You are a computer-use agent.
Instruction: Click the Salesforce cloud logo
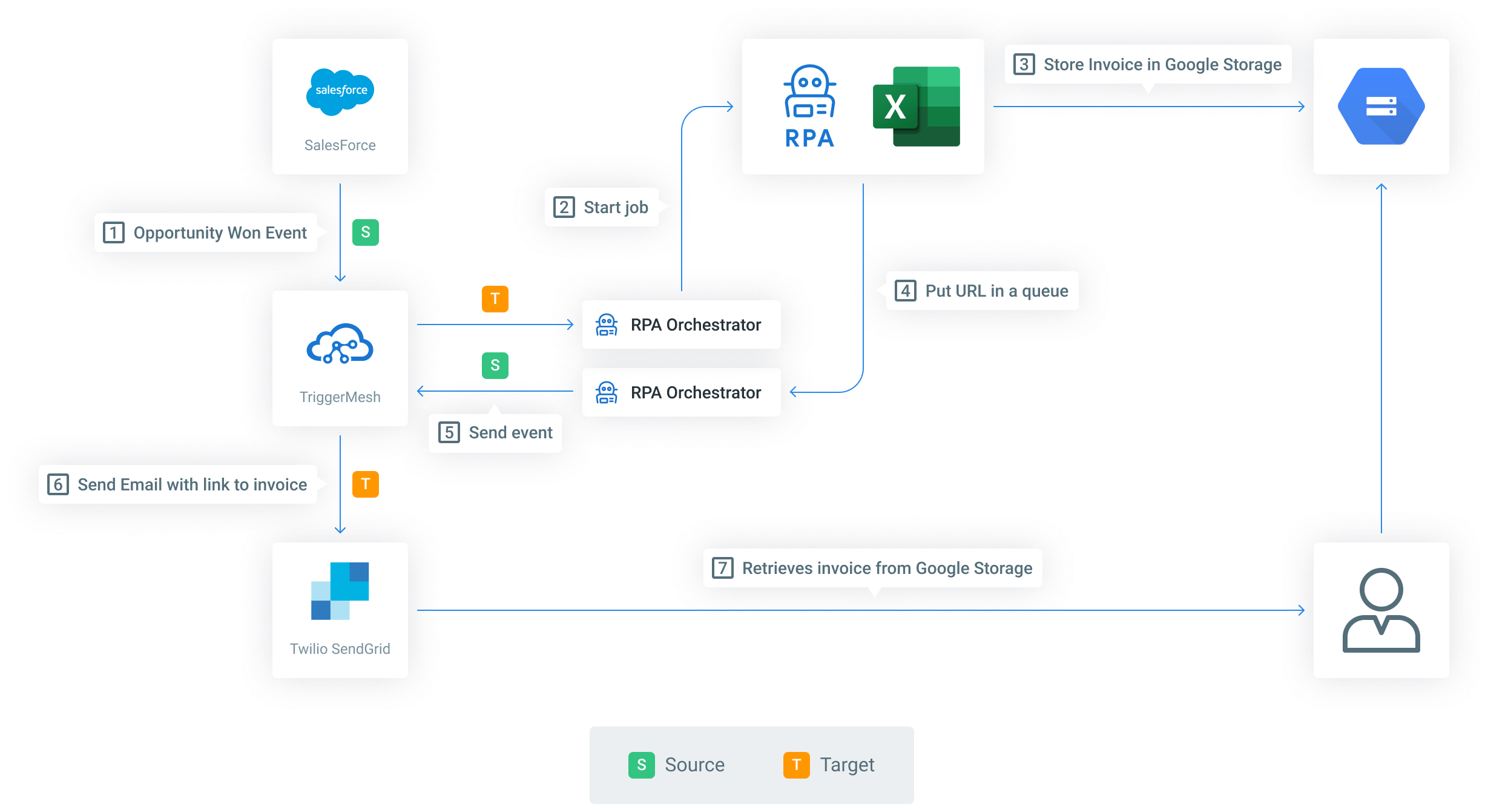[340, 91]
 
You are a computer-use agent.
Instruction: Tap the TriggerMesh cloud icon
[340, 343]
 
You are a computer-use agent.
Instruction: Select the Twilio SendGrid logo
[340, 591]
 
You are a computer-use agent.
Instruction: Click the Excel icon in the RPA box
[917, 107]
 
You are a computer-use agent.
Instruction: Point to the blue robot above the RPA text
[810, 91]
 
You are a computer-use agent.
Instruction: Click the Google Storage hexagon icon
[1381, 107]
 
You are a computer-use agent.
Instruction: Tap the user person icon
[1381, 610]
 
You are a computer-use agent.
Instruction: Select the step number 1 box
[114, 232]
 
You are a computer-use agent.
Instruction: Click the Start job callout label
[602, 208]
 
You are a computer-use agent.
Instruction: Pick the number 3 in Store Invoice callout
[1024, 64]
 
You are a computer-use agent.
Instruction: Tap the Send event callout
[495, 433]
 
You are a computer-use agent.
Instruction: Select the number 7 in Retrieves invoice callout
[723, 568]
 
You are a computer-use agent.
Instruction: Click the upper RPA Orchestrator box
[681, 325]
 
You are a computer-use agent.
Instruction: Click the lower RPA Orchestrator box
[681, 392]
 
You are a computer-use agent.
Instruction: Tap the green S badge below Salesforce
[366, 232]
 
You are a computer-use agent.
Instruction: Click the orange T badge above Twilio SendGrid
[366, 484]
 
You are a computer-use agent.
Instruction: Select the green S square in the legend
[642, 765]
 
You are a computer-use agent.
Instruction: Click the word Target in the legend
[847, 765]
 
